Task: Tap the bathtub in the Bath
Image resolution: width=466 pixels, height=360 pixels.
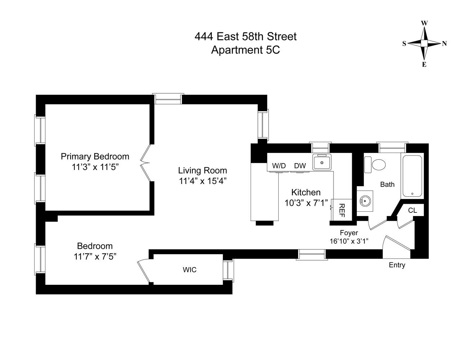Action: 413,176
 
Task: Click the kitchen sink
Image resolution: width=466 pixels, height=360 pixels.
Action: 322,162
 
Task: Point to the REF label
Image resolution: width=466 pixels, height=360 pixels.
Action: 342,210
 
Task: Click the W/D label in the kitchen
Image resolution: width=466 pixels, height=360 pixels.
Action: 279,166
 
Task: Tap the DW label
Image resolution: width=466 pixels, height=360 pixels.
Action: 300,166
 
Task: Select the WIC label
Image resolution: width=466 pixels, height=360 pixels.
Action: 190,270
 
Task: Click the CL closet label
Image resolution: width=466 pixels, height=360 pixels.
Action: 412,210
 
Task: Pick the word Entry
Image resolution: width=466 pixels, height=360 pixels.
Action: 397,265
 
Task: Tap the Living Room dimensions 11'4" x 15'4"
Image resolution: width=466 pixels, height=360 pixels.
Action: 203,181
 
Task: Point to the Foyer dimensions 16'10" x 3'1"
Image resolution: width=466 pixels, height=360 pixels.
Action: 349,241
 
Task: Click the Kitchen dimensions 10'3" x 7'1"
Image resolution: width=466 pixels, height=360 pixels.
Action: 306,203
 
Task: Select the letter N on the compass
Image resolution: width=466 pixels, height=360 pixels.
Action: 444,44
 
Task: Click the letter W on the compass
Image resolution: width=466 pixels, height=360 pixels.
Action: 424,23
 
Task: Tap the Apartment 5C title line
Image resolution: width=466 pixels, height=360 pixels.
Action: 245,50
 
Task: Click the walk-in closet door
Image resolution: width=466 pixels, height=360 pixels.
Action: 144,271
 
